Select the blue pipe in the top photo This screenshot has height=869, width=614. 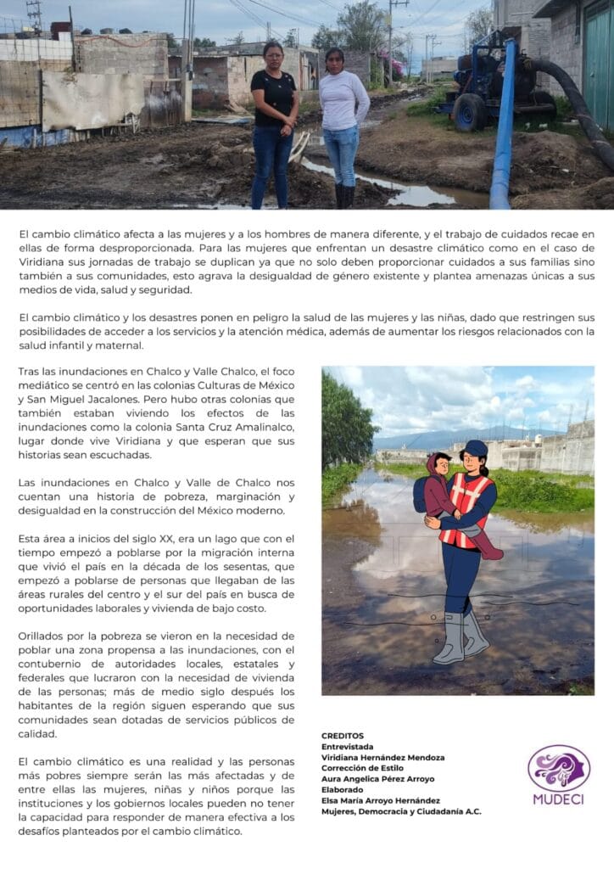[x=505, y=127]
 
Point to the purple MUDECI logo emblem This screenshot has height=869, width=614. [x=559, y=767]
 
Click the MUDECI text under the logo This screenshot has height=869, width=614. [x=559, y=799]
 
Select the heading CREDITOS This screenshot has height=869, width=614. [x=343, y=735]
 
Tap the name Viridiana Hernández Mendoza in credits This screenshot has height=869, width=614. [x=382, y=757]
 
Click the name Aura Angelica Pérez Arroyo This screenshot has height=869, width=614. [x=377, y=779]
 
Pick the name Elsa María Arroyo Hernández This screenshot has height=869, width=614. [x=380, y=800]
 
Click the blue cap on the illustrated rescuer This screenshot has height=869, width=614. [x=476, y=448]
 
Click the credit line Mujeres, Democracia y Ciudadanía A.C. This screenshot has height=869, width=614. [x=401, y=811]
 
